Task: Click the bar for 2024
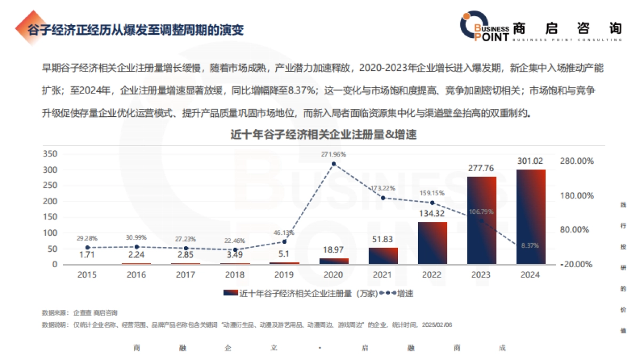531,217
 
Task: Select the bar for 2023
482,220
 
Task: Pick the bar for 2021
383,255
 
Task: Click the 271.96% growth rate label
333,154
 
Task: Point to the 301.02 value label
531,161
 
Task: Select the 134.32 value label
432,214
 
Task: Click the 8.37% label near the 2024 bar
530,246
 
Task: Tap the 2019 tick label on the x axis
284,275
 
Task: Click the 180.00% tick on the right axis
578,196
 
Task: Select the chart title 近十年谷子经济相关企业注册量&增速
323,135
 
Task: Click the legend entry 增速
405,293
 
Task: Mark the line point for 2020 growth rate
334,164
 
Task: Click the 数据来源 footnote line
80,312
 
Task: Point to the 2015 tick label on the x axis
87,275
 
